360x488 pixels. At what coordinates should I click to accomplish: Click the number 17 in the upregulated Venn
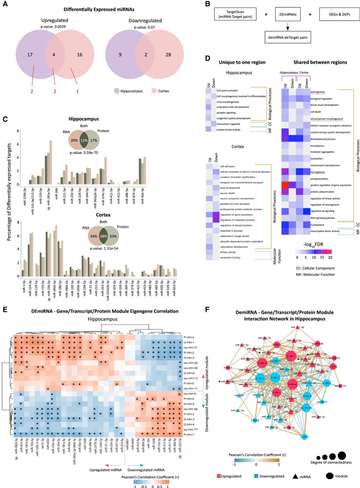point(30,54)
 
